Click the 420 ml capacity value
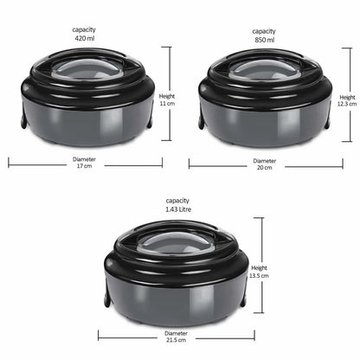coord(85,38)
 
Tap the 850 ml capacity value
coord(265,40)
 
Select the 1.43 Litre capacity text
coord(178,209)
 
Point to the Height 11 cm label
coord(167,100)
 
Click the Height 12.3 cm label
coord(347,100)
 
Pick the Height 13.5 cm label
coord(259,272)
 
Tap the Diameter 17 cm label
coord(84,163)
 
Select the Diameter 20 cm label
coord(265,164)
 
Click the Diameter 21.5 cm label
coord(176,337)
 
